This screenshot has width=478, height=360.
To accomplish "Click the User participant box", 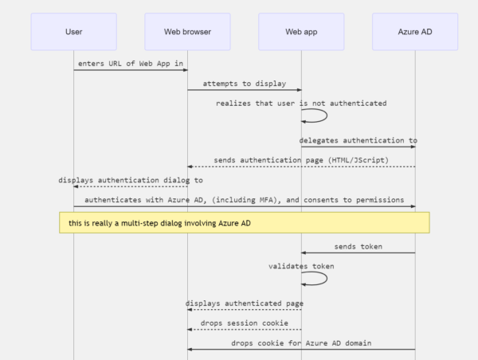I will (73, 31).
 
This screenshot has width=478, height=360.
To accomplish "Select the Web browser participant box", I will (187, 31).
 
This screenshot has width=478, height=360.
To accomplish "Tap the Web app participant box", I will (301, 31).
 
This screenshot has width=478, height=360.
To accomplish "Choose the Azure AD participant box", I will (415, 31).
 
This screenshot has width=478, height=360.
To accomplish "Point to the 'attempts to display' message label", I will (245, 83).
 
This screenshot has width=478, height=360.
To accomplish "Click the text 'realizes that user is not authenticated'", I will (301, 103).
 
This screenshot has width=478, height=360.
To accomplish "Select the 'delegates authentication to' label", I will (358, 140).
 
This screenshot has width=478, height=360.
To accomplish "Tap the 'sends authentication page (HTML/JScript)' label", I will (301, 160).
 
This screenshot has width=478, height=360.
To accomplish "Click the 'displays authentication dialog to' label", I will (131, 180).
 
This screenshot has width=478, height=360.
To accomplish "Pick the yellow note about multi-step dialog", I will (245, 222).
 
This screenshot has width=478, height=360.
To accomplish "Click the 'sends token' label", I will (358, 246).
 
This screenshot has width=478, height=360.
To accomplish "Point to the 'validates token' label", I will (301, 265).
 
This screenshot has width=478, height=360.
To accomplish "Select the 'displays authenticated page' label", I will (245, 303).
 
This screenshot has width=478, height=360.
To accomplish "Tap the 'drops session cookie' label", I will (245, 323).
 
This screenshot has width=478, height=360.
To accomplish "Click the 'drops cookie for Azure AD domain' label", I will (301, 342).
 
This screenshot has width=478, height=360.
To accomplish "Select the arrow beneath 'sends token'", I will (358, 253).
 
